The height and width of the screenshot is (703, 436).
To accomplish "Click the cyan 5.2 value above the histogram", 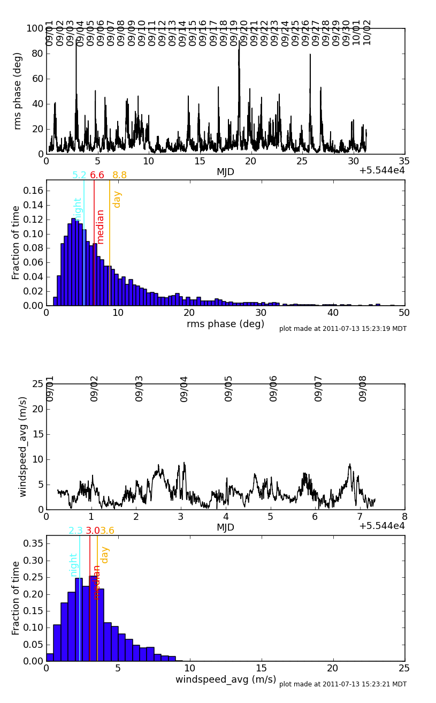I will [79, 175].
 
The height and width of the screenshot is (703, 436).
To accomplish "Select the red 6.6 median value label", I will [97, 175].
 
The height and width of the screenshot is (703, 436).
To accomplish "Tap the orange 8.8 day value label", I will [119, 175].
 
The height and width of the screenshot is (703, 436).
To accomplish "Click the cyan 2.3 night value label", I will [75, 531].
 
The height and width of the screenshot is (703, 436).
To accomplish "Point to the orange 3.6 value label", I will [107, 531].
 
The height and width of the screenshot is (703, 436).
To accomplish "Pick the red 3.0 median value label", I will [93, 531].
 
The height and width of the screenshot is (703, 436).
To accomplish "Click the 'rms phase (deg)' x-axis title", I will [225, 324].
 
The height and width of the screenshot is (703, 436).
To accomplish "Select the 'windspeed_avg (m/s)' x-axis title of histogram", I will [226, 679].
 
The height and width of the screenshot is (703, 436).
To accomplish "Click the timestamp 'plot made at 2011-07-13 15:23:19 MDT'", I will [342, 329].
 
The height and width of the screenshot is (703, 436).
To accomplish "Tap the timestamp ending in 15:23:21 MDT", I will [342, 684].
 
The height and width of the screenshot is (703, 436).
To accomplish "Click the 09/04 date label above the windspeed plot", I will [185, 389].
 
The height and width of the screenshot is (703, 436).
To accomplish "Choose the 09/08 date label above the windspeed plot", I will [363, 389].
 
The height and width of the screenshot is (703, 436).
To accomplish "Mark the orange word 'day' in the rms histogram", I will [117, 199].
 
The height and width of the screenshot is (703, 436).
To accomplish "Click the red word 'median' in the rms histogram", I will [101, 226].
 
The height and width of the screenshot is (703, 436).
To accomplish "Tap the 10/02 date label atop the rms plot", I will [367, 33].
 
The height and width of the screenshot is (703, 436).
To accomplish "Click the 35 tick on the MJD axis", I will [404, 161].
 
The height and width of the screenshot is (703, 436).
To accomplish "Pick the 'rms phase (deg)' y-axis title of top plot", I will [18, 90].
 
